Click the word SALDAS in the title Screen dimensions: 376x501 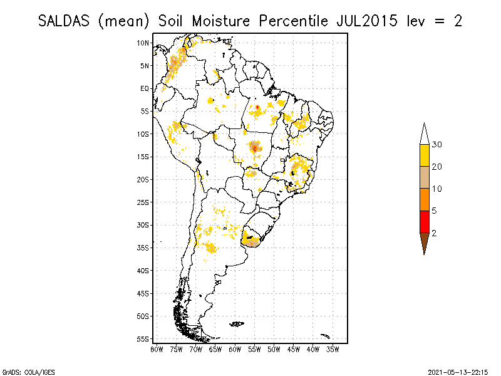pos(65,21)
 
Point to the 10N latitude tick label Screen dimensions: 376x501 pos(143,43)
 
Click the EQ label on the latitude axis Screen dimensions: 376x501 pos(145,88)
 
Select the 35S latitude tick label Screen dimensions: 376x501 pos(143,248)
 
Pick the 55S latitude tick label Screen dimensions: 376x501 pos(143,338)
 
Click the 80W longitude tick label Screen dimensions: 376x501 pos(157,348)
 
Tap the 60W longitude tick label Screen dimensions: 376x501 pos(235,348)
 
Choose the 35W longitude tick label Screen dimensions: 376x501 pos(333,348)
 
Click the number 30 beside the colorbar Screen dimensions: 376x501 pos(437,145)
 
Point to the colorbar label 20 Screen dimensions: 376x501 pos(437,167)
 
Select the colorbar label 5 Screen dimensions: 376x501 pos(435,211)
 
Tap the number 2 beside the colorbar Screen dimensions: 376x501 pos(435,233)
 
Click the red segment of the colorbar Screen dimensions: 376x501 pos(424,222)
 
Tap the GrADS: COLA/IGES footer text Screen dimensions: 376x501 pos(24,370)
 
